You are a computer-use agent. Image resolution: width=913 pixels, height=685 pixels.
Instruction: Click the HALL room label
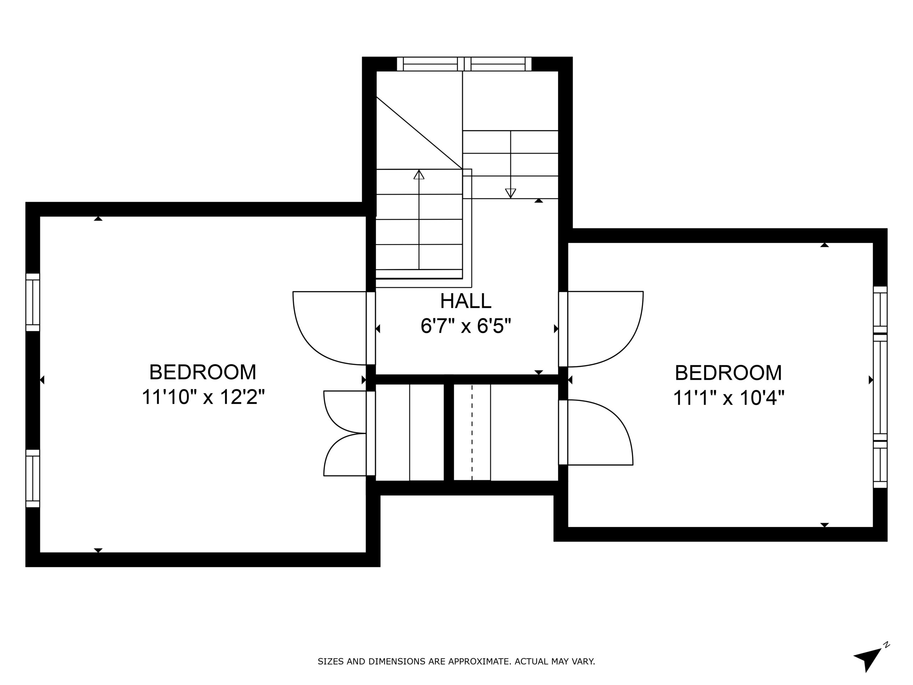coord(465,301)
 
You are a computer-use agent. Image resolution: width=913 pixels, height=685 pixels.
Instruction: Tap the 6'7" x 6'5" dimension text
coord(465,326)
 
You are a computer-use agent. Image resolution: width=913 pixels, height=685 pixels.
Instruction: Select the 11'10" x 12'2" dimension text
coord(203,397)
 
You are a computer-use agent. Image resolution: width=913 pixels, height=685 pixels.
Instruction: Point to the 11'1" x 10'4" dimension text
coord(729,398)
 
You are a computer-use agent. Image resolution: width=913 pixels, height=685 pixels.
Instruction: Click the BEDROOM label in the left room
coord(203,372)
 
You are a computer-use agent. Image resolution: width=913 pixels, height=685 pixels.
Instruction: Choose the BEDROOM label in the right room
coord(729,373)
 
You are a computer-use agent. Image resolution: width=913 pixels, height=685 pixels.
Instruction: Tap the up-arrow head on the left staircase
coord(419,175)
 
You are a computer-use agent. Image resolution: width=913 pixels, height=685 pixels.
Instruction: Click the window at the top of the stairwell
coord(464,64)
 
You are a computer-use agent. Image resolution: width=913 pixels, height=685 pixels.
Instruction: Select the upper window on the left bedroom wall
coord(32,302)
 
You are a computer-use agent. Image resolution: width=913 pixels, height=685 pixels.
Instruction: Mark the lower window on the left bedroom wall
coord(32,478)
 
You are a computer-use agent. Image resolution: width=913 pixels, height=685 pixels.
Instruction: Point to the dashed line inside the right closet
coord(472,432)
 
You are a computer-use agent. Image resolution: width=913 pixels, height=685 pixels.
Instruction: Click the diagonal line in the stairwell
coord(419,133)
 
